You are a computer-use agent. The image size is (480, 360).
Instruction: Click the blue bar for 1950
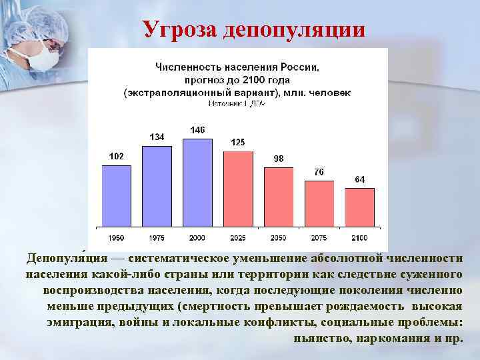116,195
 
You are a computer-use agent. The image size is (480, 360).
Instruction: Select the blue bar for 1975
157,185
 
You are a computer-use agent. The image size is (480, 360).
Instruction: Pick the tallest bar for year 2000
197,181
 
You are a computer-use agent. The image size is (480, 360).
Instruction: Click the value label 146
197,129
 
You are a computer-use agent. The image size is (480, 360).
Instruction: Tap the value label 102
116,156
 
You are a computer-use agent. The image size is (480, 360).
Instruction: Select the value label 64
360,179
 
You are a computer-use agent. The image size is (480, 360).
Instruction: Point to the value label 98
279,158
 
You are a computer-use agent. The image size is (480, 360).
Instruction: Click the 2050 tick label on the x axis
279,238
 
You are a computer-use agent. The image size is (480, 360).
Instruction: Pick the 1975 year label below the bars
157,238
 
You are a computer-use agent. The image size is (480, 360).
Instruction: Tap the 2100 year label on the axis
360,238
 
